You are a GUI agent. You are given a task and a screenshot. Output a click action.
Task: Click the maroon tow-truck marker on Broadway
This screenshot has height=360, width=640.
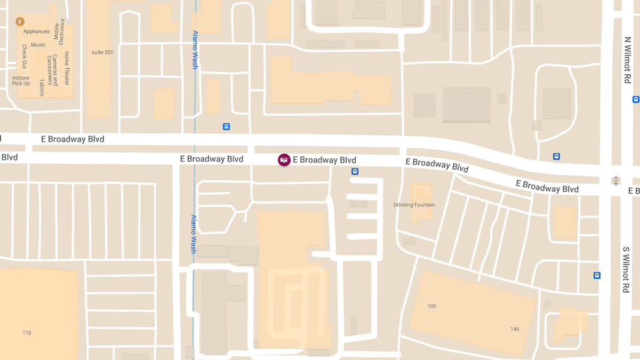[x=284, y=160]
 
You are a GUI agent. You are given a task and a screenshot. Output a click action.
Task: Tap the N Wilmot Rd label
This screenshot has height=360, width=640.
[x=627, y=60]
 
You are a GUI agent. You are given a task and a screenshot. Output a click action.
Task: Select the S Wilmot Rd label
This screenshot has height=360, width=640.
[x=626, y=269]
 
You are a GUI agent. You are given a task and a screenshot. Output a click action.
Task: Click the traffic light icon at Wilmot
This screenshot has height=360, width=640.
[x=616, y=180]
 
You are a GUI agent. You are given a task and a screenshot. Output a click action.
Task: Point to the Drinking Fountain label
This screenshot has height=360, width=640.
[x=414, y=205]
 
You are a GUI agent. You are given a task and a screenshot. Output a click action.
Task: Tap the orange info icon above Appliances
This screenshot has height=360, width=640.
[x=20, y=22]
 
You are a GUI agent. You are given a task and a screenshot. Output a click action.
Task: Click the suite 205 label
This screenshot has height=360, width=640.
[x=102, y=52]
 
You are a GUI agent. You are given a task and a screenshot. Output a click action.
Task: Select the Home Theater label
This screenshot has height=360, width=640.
[x=67, y=68]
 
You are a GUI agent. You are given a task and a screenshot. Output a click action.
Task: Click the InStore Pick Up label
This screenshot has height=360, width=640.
[x=21, y=81]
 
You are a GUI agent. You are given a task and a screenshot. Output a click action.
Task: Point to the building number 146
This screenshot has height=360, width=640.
[x=514, y=329]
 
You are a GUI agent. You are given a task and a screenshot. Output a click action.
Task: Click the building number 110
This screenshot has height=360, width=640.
[x=27, y=333]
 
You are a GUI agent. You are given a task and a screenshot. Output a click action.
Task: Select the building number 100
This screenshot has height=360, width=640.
[x=431, y=306]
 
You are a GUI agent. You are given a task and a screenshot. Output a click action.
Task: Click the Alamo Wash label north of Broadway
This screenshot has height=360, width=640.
[x=195, y=49]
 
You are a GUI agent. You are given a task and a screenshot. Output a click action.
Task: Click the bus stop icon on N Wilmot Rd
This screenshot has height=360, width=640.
[x=635, y=99]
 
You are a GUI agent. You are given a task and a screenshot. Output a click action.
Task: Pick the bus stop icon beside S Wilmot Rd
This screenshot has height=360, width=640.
[x=597, y=276]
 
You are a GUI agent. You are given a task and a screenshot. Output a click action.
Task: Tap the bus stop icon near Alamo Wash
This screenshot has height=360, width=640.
[x=226, y=127]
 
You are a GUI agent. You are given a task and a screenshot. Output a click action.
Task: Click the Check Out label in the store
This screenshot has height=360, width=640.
[x=24, y=57]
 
